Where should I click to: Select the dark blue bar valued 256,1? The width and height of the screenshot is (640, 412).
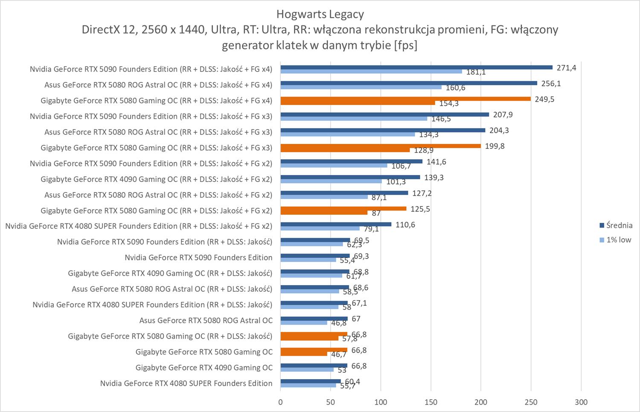[x=408, y=83]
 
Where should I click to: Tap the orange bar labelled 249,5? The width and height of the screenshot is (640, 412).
[x=405, y=99]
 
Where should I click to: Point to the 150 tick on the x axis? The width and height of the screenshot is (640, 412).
[x=431, y=402]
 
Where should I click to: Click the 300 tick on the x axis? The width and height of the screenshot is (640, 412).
[x=581, y=402]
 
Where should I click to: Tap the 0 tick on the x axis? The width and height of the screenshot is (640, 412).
[x=280, y=402]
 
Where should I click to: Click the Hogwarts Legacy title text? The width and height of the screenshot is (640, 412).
[x=320, y=14]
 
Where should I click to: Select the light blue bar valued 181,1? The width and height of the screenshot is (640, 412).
[x=371, y=71]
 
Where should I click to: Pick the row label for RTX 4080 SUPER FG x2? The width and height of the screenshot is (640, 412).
[x=139, y=226]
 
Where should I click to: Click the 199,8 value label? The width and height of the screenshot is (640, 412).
[x=495, y=146]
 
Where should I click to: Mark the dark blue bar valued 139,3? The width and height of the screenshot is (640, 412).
[x=350, y=177]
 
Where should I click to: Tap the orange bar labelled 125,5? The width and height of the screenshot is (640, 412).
[x=343, y=208]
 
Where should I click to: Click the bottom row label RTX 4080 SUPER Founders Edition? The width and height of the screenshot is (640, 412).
[x=186, y=383]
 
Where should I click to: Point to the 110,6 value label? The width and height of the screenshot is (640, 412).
[x=405, y=225]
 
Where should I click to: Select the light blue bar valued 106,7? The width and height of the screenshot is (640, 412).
[x=334, y=165]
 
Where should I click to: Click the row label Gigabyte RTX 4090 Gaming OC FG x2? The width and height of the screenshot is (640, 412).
[x=156, y=179]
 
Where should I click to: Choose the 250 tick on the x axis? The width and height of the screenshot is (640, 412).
[x=531, y=402]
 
